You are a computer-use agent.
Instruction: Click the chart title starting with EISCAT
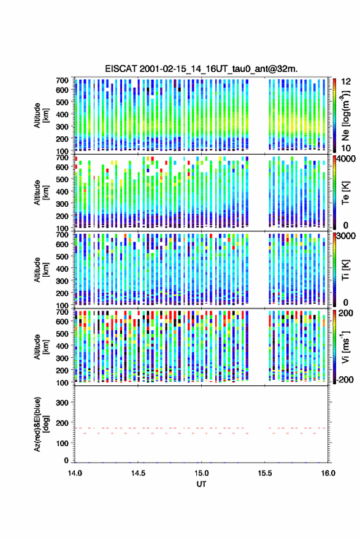pos(201,69)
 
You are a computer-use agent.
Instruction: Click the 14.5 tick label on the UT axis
pos(138,473)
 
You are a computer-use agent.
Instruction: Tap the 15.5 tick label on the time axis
pos(265,473)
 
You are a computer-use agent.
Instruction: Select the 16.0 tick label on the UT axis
pos(328,473)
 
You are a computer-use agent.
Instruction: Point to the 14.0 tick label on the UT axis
pos(75,473)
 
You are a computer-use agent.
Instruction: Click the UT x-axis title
pos(201,484)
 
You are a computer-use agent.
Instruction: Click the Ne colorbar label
pos(345,115)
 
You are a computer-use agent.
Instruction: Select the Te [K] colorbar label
pos(345,193)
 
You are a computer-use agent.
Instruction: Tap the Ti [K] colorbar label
pos(345,269)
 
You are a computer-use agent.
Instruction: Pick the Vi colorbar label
pos(345,347)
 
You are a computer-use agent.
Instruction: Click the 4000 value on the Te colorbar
pos(346,159)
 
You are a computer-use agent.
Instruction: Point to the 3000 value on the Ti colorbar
pos(346,236)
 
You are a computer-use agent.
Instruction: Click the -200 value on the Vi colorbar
pos(344,379)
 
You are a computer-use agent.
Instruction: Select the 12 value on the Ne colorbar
pos(346,82)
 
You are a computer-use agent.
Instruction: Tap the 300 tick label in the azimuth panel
pos(62,403)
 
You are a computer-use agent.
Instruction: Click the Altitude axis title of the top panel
pos(41,115)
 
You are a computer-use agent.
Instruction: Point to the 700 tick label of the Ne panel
pos(62,80)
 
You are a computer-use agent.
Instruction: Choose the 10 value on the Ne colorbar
pos(346,148)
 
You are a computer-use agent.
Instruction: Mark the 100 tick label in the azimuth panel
pos(62,443)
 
